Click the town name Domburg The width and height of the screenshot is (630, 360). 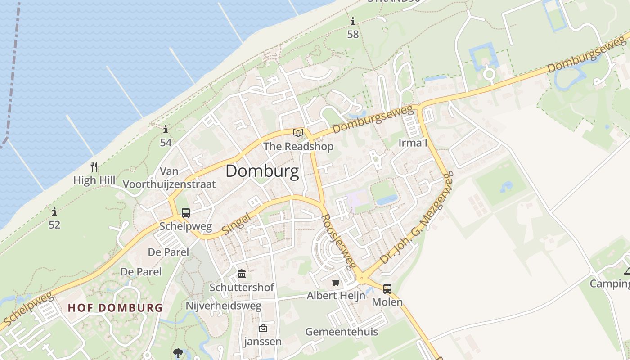[x=262, y=171]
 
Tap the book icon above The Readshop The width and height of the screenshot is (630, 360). [x=298, y=133]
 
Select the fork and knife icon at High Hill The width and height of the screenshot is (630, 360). [x=94, y=167]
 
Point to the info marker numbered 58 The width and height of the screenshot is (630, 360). [x=353, y=21]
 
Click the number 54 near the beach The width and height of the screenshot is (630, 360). [x=166, y=143]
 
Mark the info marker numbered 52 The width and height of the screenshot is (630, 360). [x=54, y=211]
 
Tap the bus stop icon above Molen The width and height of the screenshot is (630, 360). [x=387, y=289]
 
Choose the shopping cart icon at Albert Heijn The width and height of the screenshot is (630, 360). [x=336, y=283]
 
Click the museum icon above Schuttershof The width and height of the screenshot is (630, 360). [x=242, y=274]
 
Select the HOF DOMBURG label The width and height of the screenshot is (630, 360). [x=115, y=308]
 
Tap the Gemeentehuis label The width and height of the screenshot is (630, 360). [x=342, y=332]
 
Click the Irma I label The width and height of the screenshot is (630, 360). [x=413, y=143]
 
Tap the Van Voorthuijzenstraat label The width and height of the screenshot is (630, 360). [x=169, y=178]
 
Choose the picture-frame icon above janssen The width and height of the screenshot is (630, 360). [x=263, y=328]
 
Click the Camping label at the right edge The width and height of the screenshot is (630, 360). [x=611, y=283]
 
